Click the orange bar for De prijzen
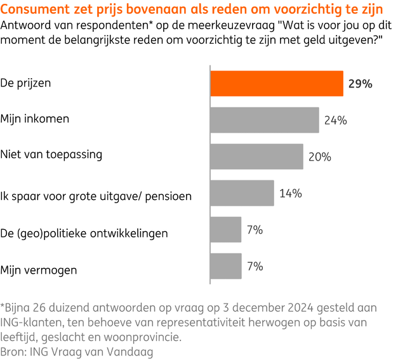[x=277, y=83]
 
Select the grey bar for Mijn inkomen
[x=264, y=119]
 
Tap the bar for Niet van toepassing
[x=256, y=156]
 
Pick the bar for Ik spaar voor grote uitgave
[x=242, y=193]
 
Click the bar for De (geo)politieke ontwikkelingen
[x=225, y=229]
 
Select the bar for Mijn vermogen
[x=225, y=266]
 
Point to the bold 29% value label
[x=360, y=84]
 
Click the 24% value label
[x=335, y=120]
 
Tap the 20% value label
[x=320, y=157]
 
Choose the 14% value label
[x=290, y=193]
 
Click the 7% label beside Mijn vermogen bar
[x=255, y=266]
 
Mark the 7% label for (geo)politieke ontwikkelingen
[x=255, y=229]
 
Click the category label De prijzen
[x=26, y=83]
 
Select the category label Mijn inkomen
[x=35, y=119]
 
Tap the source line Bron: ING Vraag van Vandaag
[x=77, y=350]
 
